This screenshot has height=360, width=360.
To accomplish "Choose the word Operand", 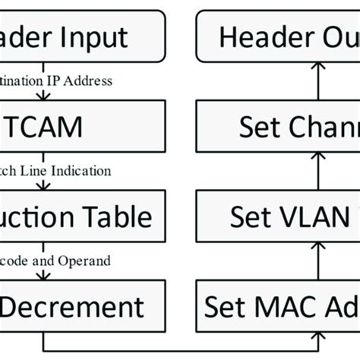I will click(x=89, y=261).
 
